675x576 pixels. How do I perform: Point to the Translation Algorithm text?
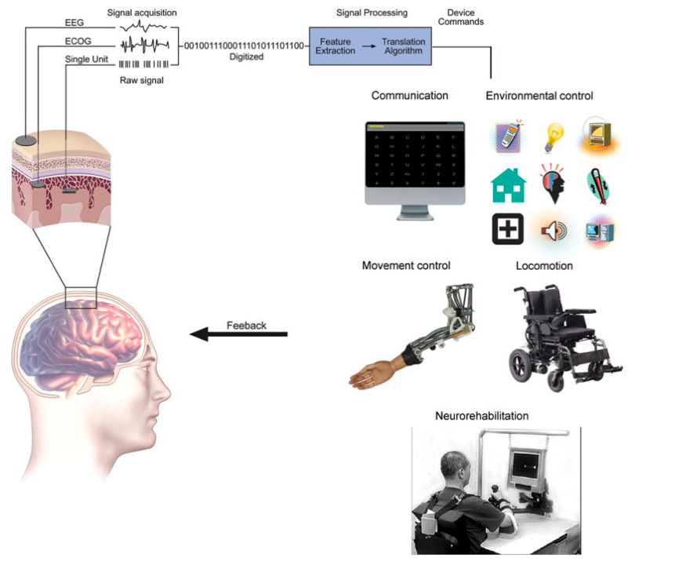pos(402,45)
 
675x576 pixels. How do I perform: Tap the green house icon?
pos(508,186)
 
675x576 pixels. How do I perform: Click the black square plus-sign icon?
pos(508,229)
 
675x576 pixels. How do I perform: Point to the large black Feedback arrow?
pos(238,335)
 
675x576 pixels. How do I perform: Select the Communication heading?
pos(409,96)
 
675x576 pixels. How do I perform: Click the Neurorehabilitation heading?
pos(482,415)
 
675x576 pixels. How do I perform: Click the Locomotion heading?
pos(544,266)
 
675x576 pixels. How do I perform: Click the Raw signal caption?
pos(141,80)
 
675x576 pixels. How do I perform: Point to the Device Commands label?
pos(465,17)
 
